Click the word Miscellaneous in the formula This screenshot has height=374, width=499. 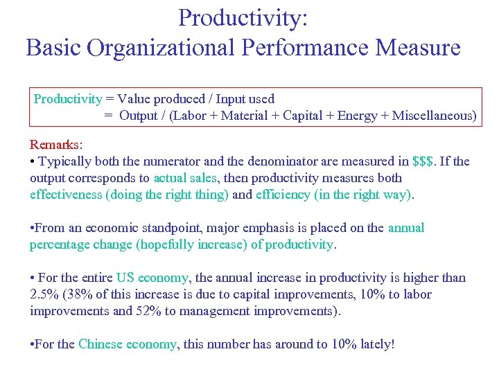(x=434, y=116)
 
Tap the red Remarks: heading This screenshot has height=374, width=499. (x=56, y=145)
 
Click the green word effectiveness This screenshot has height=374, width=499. (x=66, y=195)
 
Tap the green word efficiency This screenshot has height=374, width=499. (x=283, y=195)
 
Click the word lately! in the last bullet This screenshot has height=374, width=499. (x=376, y=344)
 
